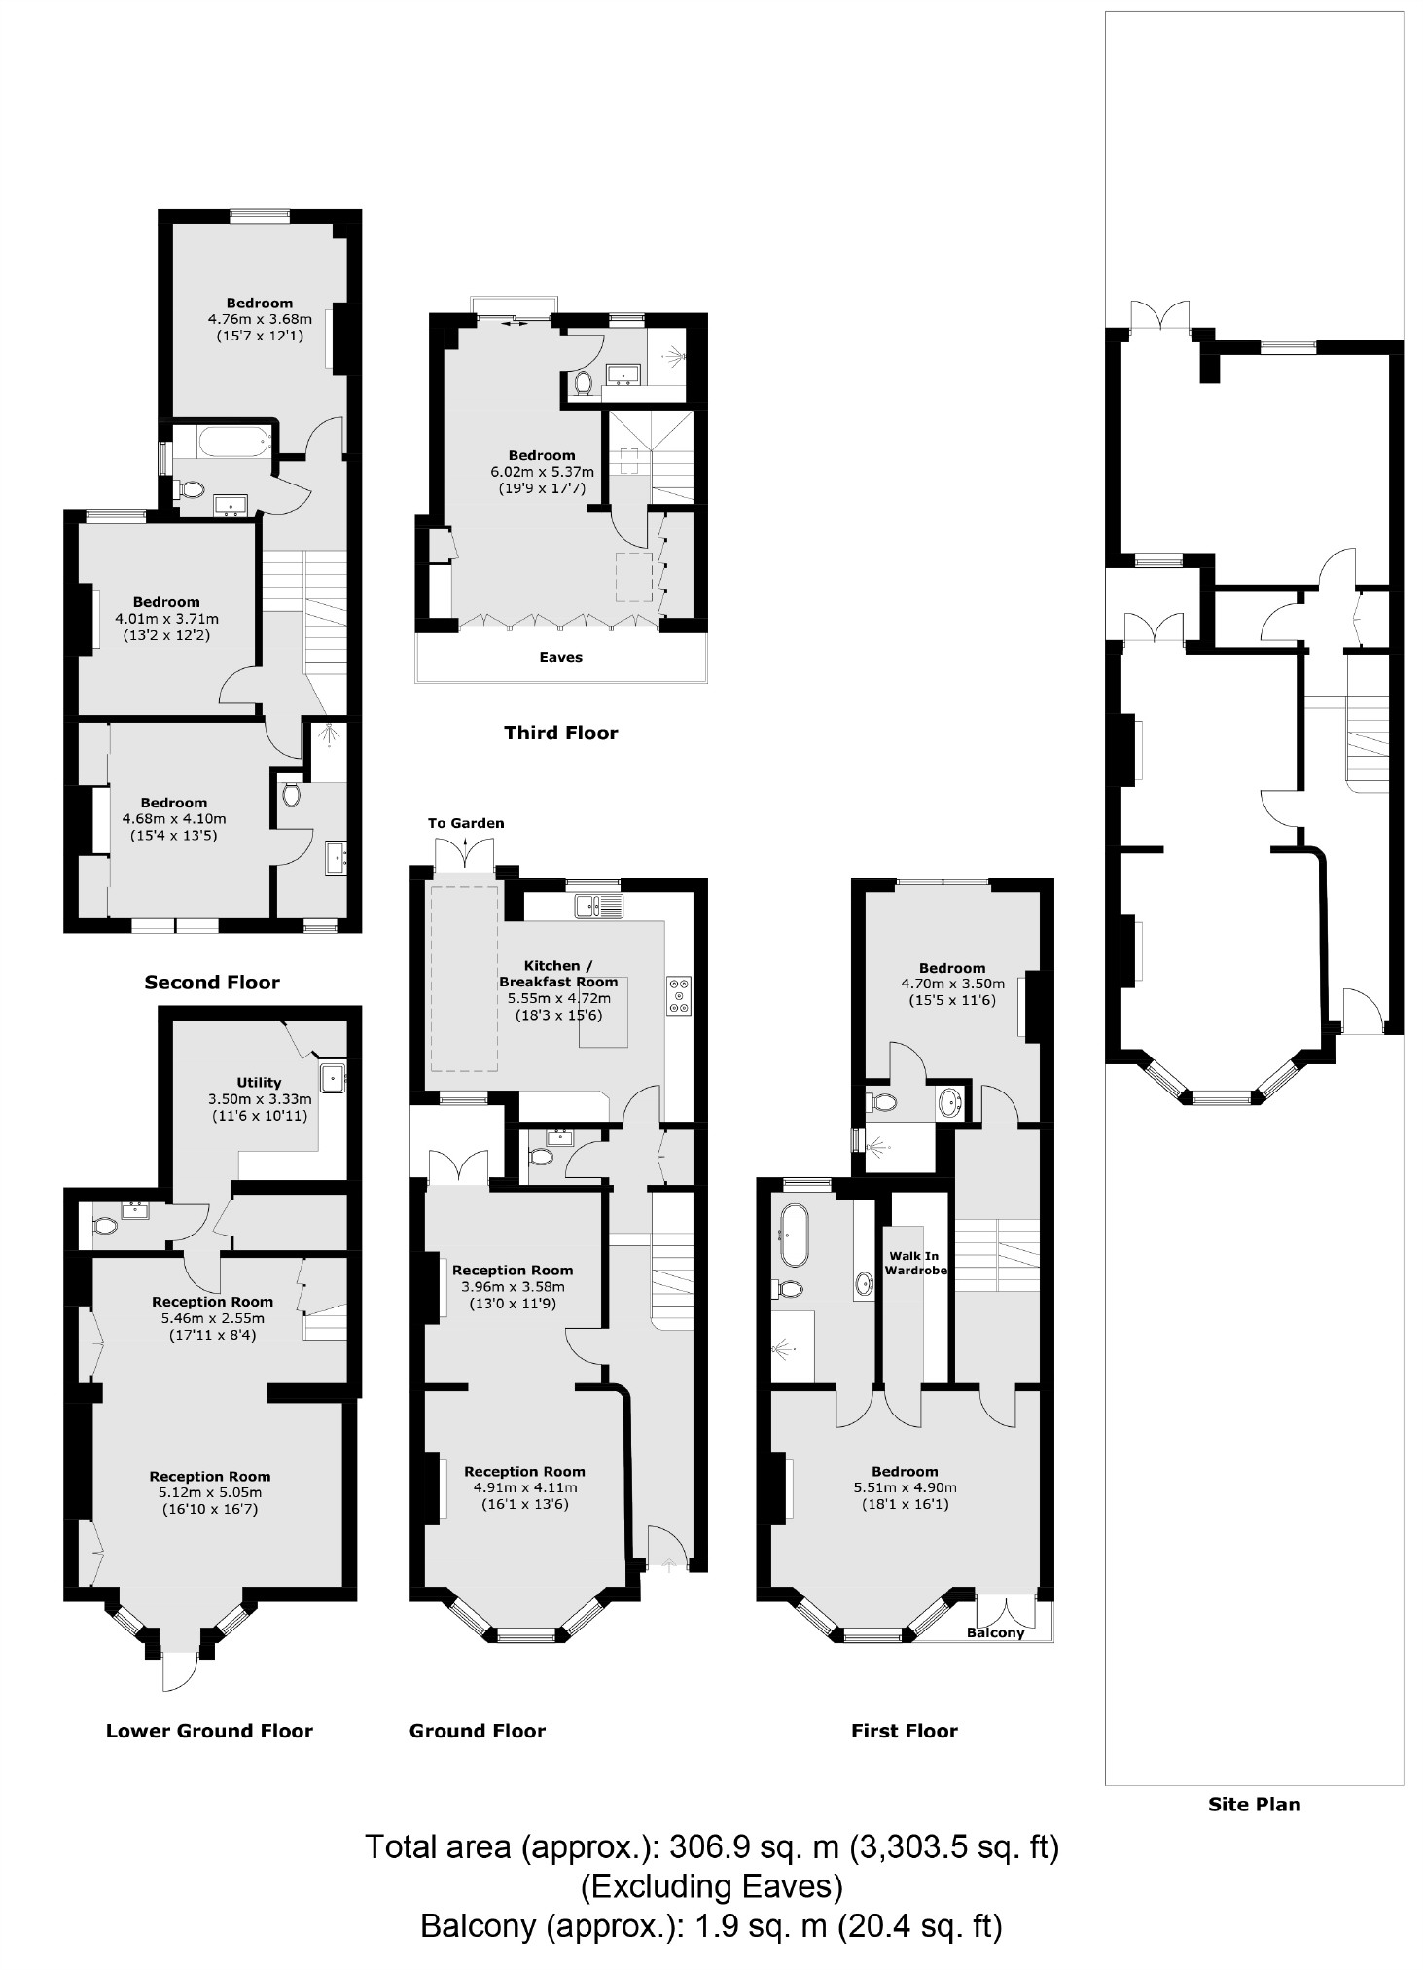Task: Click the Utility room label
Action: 259,1082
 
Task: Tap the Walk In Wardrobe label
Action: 915,1263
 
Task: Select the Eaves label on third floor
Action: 561,657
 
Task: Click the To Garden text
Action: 466,823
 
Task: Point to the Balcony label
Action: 996,1632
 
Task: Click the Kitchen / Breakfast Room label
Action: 558,974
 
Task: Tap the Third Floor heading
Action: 560,733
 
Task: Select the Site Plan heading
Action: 1254,1804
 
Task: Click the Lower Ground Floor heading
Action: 209,1731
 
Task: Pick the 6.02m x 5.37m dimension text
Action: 542,472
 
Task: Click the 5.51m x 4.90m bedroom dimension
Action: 905,1487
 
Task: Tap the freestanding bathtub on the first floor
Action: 794,1235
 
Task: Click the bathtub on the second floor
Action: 234,445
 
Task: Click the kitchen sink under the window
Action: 597,907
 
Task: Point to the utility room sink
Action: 333,1077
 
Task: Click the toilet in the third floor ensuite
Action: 584,383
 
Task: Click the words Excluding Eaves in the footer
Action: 712,1886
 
